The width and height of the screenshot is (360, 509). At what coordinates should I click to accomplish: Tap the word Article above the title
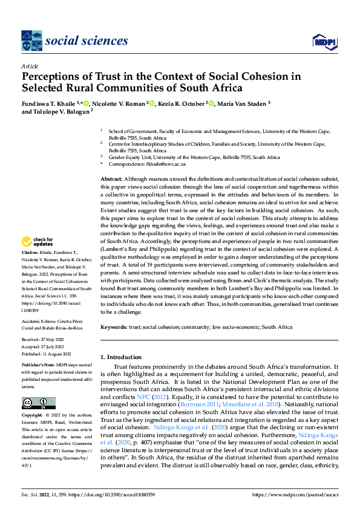[x=30, y=66]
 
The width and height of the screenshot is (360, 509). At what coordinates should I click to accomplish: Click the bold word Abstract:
[x=111, y=180]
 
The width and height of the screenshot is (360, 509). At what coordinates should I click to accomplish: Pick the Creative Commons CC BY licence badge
[x=38, y=403]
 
